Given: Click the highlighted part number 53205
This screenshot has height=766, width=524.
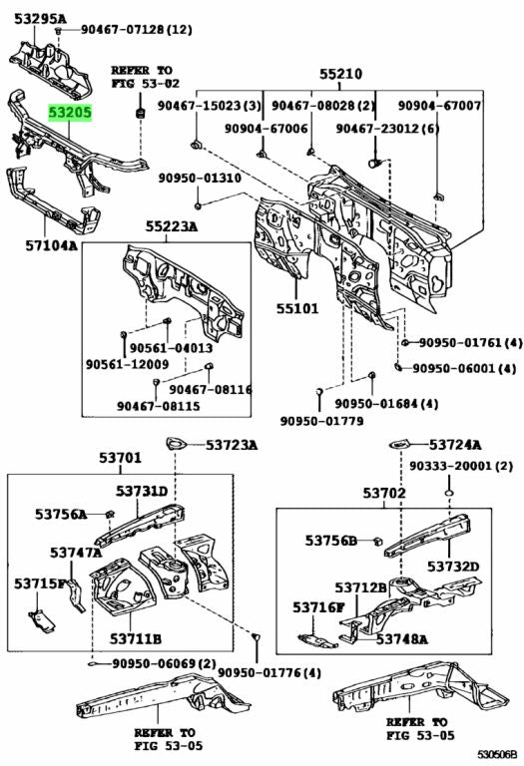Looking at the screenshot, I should coord(72,115).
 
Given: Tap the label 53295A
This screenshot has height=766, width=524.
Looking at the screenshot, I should coord(39,19).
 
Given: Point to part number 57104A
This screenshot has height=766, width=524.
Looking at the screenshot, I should coord(51,242).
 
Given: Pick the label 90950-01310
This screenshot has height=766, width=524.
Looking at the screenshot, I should coord(200,179).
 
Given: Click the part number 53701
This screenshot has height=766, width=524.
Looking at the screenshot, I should coord(120,459).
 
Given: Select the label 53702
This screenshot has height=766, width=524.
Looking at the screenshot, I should coord(383,493).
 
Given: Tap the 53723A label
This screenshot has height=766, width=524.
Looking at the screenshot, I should coord(232,444).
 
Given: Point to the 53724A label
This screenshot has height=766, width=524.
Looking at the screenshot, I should coord(455,444).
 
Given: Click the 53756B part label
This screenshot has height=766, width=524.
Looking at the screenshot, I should coord(331,541).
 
